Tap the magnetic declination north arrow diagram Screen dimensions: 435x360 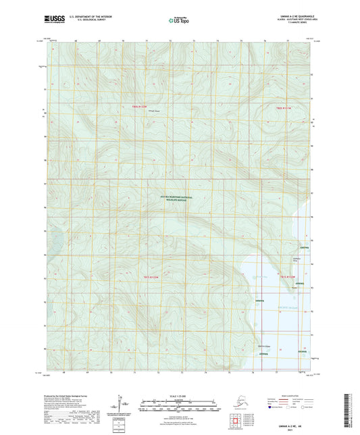pos(126,404)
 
